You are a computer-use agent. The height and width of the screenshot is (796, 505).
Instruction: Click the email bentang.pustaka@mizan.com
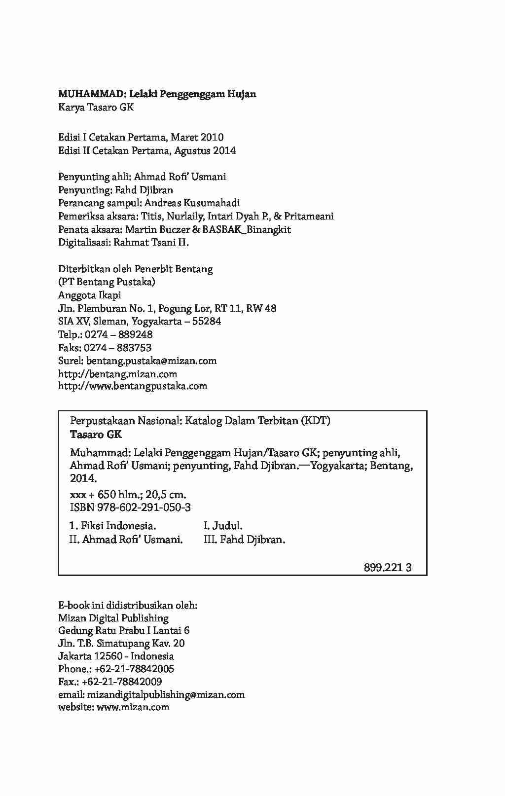coord(151,361)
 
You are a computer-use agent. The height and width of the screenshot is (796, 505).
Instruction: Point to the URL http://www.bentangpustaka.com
coord(133,386)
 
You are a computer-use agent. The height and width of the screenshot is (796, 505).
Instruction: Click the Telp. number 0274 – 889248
coord(118,334)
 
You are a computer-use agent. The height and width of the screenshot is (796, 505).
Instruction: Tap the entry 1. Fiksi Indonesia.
coord(113,526)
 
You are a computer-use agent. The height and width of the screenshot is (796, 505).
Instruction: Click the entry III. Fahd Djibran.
coord(245,540)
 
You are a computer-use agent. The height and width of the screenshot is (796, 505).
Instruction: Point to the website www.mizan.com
coord(133,707)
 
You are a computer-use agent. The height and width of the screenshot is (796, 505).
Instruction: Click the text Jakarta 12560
coord(91,656)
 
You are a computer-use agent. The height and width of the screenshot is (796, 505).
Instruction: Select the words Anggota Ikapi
coord(90,295)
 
